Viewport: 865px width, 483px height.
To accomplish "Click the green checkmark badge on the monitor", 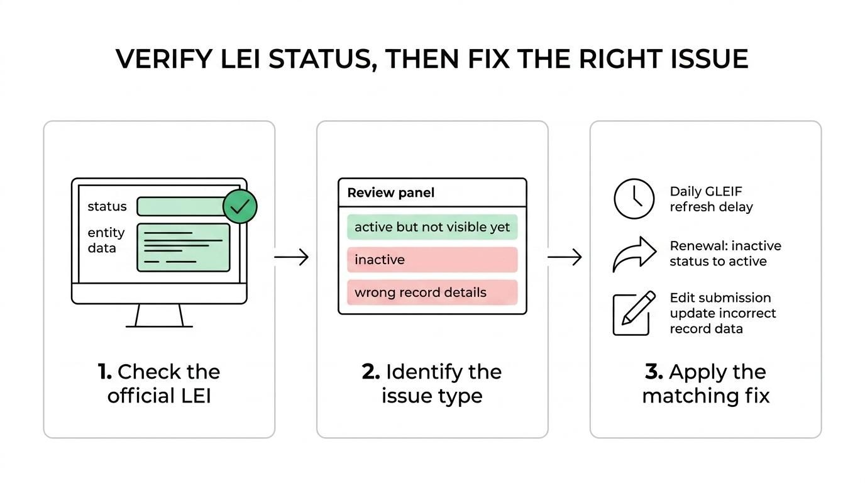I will [240, 206].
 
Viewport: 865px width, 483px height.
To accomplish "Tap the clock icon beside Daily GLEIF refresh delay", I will [634, 199].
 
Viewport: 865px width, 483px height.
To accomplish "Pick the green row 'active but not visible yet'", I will [432, 227].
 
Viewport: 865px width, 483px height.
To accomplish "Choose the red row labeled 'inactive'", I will [432, 260].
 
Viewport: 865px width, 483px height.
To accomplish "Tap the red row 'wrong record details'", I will [432, 292].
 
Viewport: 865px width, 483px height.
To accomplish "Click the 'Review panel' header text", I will [390, 192].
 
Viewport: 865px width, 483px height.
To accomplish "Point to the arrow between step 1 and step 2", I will [292, 257].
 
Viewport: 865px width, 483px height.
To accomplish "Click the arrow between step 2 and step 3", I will [565, 257].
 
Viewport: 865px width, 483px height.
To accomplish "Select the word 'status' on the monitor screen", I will [107, 206].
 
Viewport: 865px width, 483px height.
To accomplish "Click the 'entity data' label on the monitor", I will [106, 240].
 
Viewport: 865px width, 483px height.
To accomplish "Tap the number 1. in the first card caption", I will [105, 372].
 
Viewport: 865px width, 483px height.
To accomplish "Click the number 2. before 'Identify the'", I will [371, 372].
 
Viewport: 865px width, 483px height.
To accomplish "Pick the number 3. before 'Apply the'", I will [654, 372].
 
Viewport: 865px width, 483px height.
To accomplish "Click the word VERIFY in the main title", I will [163, 59].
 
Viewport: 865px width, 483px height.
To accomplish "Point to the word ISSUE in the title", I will [709, 59].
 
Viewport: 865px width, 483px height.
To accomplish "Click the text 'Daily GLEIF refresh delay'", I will [710, 199].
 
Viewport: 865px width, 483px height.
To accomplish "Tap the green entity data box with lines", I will [183, 247].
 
